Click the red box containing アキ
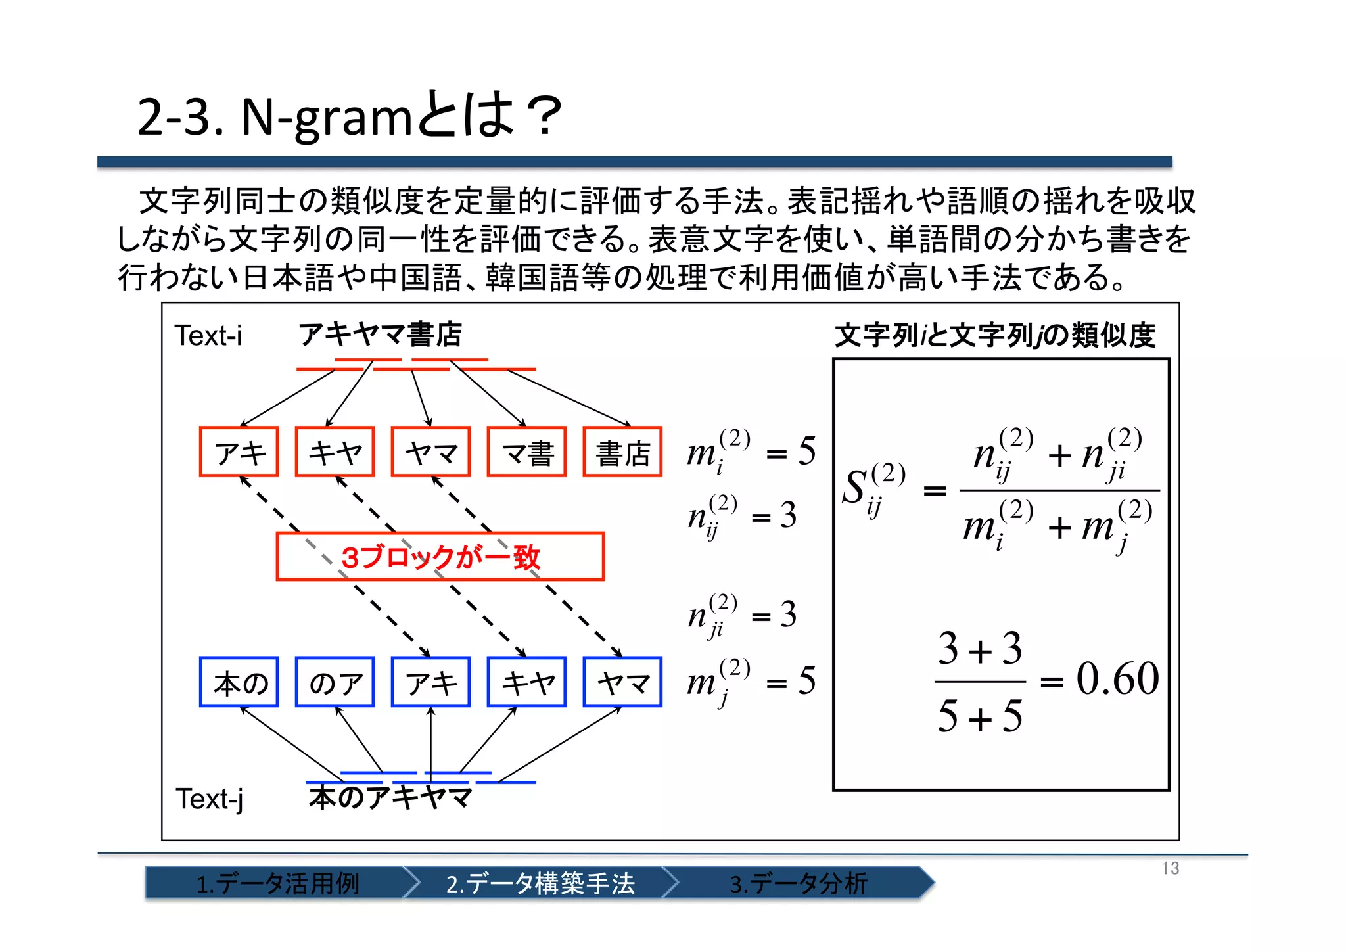pyautogui.click(x=239, y=452)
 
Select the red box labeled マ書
pyautogui.click(x=526, y=452)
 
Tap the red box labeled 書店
pyautogui.click(x=622, y=452)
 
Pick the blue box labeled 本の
pyautogui.click(x=239, y=682)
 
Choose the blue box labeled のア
pyautogui.click(x=335, y=682)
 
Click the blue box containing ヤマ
pyautogui.click(x=622, y=682)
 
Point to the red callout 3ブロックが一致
pyautogui.click(x=440, y=557)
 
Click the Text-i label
pyautogui.click(x=208, y=336)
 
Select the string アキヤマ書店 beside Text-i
pyautogui.click(x=381, y=335)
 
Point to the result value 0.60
pyautogui.click(x=1117, y=679)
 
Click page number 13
pyautogui.click(x=1170, y=868)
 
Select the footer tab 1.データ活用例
pyautogui.click(x=277, y=883)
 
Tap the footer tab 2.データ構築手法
pyautogui.click(x=540, y=883)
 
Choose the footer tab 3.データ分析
pyautogui.click(x=799, y=883)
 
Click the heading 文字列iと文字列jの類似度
pyautogui.click(x=995, y=335)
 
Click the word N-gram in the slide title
pyautogui.click(x=326, y=117)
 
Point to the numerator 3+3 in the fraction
pyautogui.click(x=980, y=649)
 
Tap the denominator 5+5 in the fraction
pyautogui.click(x=980, y=716)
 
